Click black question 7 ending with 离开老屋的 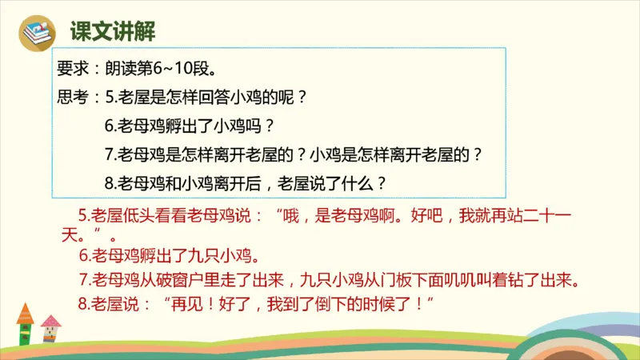click(294, 154)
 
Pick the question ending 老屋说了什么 click(246, 182)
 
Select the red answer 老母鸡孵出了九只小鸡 click(170, 258)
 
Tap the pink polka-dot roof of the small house click(50, 321)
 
